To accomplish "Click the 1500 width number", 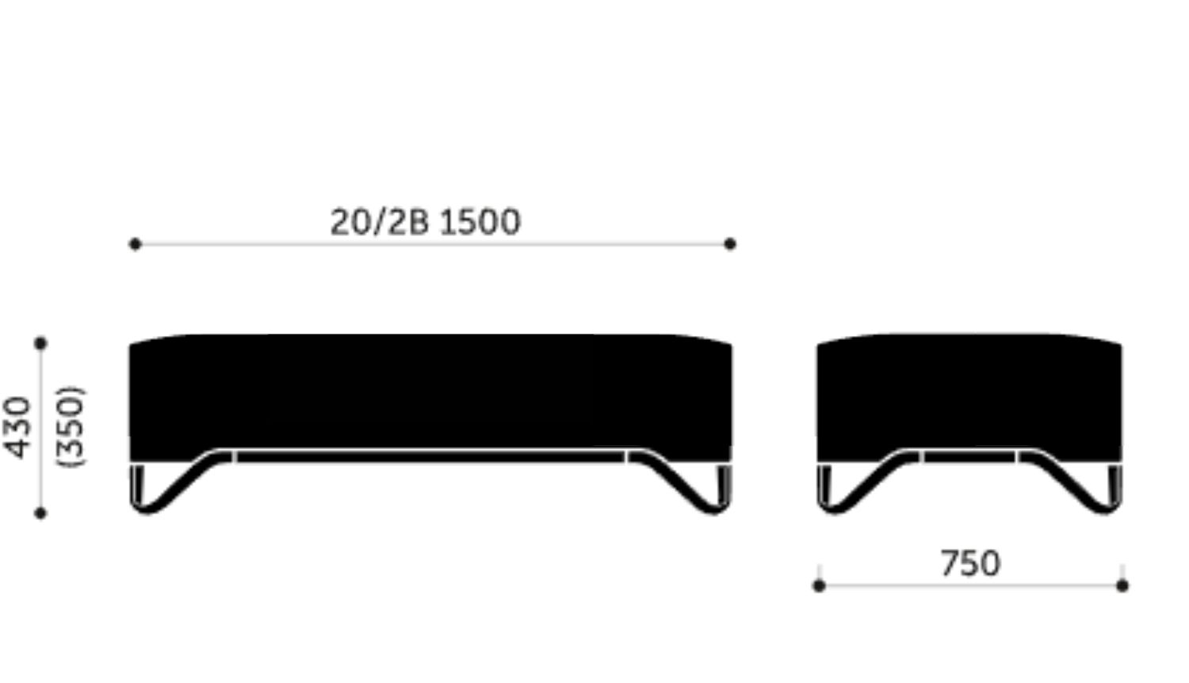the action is click(x=480, y=222).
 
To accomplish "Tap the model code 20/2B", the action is click(x=380, y=222).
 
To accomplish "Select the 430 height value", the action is click(x=18, y=427).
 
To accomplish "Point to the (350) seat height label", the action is click(x=71, y=427).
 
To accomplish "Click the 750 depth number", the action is click(x=970, y=563).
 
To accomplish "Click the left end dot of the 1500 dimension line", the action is click(x=135, y=244).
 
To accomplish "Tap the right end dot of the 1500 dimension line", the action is click(x=730, y=243).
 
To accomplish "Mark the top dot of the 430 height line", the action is click(x=41, y=343).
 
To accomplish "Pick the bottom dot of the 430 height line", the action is click(x=40, y=513).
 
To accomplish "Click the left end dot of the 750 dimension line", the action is click(x=819, y=586).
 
